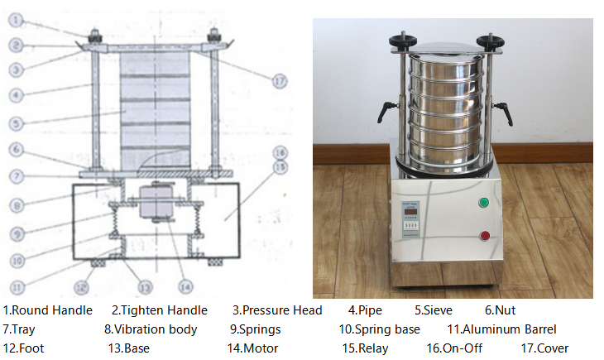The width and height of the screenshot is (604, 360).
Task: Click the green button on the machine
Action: click(x=484, y=203)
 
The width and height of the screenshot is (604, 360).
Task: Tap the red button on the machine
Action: click(x=484, y=236)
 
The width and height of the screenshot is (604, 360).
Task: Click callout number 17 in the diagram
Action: click(x=279, y=79)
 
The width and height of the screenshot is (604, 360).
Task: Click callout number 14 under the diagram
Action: click(x=185, y=286)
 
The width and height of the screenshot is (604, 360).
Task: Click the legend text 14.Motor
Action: click(x=252, y=348)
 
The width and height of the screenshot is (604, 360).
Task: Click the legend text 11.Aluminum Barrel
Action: click(x=501, y=329)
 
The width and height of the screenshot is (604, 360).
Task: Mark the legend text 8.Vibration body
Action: click(x=151, y=329)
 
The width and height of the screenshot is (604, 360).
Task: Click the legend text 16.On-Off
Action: click(x=454, y=348)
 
